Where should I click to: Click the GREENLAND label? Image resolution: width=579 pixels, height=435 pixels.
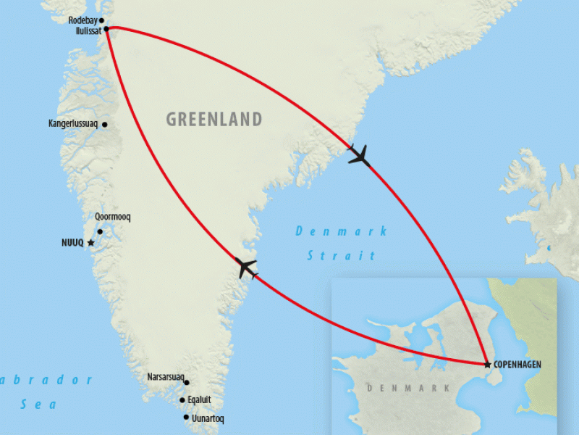(x=214, y=119)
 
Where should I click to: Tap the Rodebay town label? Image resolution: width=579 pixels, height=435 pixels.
(x=83, y=20)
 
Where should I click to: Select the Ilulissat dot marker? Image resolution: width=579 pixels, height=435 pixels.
(x=106, y=30)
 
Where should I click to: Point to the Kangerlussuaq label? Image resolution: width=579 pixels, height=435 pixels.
(x=73, y=124)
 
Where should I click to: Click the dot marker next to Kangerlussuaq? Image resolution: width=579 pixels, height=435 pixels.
(x=105, y=125)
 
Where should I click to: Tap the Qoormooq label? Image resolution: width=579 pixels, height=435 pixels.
(x=112, y=217)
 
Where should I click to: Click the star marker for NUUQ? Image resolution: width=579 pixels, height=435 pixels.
(x=90, y=243)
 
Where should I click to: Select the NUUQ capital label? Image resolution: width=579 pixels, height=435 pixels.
(x=73, y=243)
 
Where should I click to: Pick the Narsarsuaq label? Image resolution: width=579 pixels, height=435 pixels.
(x=165, y=377)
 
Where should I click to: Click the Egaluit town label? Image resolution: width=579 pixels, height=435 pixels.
(x=200, y=399)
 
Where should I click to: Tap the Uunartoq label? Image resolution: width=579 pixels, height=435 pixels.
(x=208, y=418)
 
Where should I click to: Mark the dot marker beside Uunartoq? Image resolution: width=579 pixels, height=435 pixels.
(x=186, y=418)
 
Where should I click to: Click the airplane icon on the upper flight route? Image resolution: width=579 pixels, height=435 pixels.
(x=359, y=155)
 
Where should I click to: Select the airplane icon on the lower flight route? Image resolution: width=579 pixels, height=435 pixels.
(x=247, y=268)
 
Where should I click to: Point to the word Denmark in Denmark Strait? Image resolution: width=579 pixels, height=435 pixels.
(x=341, y=231)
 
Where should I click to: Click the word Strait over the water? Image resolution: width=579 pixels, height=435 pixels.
(x=341, y=255)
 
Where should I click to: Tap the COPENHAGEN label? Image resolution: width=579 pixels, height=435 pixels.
(x=517, y=364)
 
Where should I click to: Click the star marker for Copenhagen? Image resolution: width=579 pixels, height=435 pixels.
(x=487, y=364)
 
